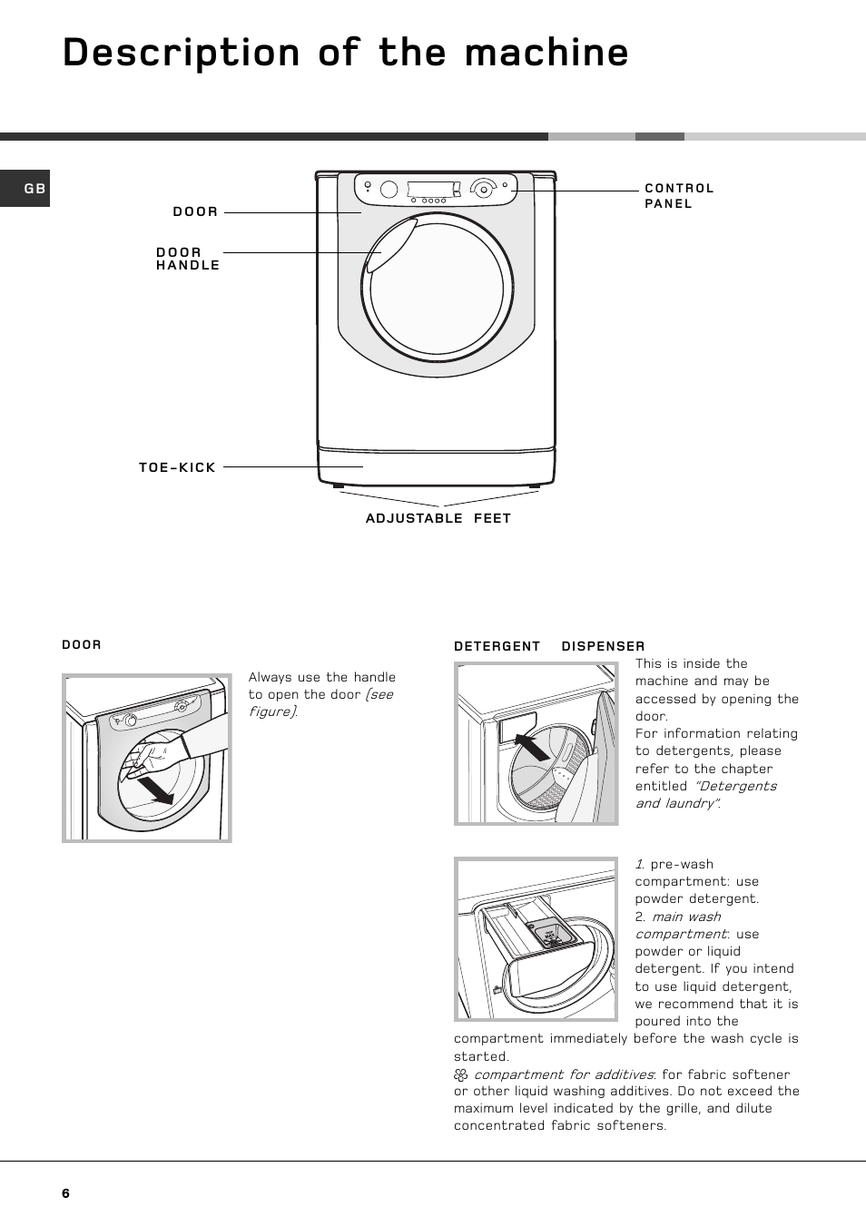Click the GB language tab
click(34, 189)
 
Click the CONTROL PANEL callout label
click(679, 196)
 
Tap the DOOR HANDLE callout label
click(188, 259)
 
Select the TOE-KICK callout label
click(177, 467)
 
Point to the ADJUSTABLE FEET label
click(438, 518)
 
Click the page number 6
click(65, 1193)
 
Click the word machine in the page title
click(546, 53)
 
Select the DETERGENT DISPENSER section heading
click(549, 646)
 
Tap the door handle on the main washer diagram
click(390, 245)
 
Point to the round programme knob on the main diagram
click(482, 189)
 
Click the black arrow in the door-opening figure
click(156, 790)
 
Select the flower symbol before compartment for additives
click(461, 1074)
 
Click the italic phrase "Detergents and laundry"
click(706, 795)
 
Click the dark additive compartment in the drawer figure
click(550, 933)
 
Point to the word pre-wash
click(682, 864)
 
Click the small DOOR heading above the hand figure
click(82, 645)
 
